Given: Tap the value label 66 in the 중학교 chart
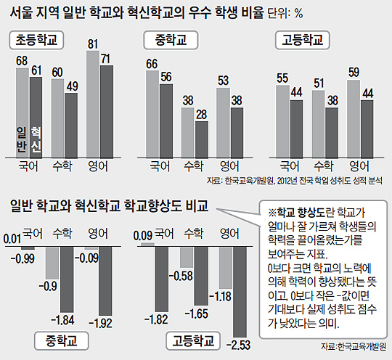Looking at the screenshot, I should point(152,65).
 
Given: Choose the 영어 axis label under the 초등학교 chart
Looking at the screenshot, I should point(99,165).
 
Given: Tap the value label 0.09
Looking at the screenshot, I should point(141,234).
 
